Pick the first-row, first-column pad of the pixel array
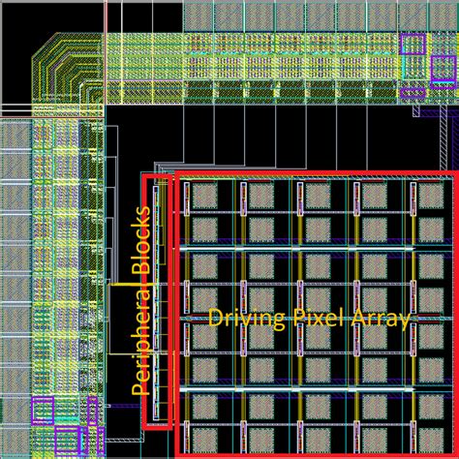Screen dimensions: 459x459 [x=204, y=198]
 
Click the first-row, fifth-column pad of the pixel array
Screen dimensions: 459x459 [x=374, y=198]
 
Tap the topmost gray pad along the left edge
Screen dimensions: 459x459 [x=15, y=137]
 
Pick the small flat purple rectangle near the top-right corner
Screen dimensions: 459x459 [x=413, y=93]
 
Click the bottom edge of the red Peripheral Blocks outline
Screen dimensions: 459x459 [x=157, y=426]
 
